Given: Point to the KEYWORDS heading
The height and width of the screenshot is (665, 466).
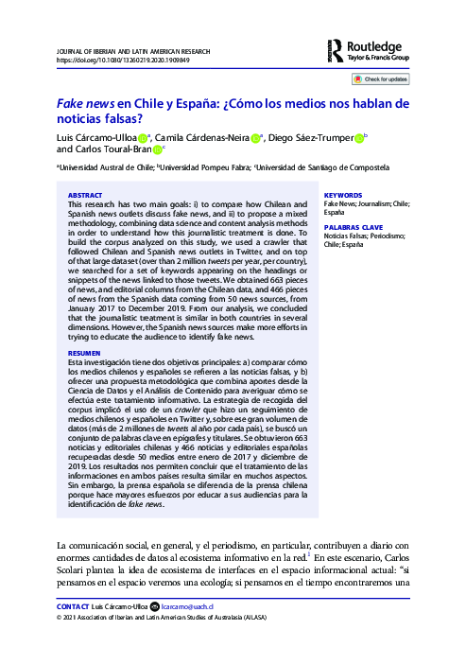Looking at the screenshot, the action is pyautogui.click(x=342, y=195).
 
